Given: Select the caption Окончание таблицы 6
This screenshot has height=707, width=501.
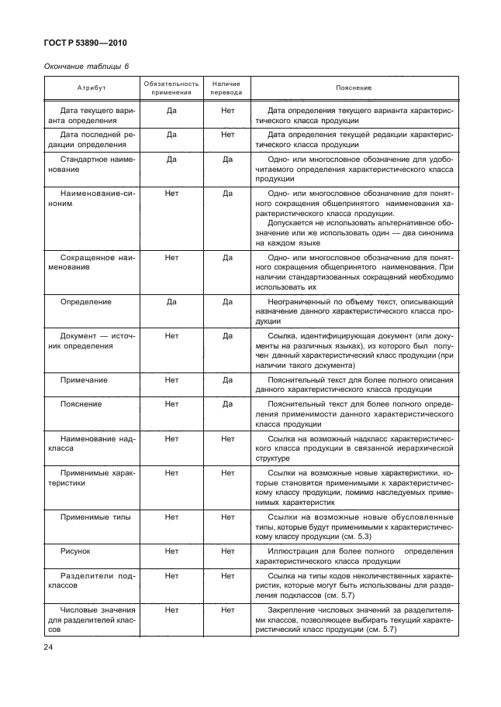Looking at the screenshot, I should click(x=85, y=67).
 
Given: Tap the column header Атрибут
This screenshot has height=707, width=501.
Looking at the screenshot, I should click(x=92, y=88).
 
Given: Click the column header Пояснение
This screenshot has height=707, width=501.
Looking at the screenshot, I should click(x=354, y=88).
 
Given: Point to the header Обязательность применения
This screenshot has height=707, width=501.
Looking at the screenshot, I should click(x=172, y=88).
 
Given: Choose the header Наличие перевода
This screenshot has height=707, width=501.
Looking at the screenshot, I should click(x=227, y=88).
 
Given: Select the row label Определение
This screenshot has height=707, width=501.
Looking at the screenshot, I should click(x=85, y=301).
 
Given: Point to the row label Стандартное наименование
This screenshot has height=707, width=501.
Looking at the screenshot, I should click(x=92, y=164).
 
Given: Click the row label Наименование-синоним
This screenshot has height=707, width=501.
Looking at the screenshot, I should click(x=92, y=198).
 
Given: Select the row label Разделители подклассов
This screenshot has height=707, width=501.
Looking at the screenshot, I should click(x=92, y=581).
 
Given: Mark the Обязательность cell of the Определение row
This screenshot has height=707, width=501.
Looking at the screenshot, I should click(x=172, y=301).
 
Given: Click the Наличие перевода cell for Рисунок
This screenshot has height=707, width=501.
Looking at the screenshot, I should click(x=227, y=551).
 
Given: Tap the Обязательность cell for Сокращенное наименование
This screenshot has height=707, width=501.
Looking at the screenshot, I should click(x=172, y=256).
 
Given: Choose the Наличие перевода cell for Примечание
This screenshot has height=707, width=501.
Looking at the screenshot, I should click(x=227, y=380).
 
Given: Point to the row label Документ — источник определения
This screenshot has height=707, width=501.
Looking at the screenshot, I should click(x=92, y=341).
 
